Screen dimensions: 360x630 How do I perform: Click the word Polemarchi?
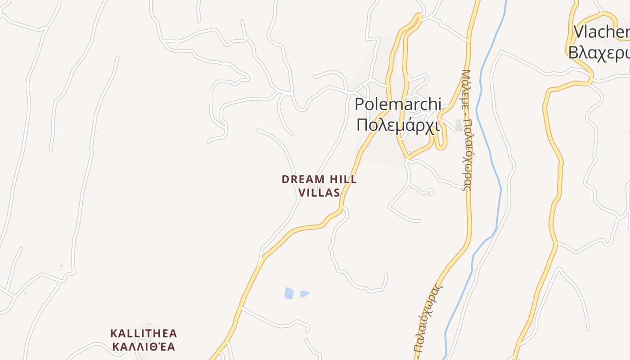coord(398,104)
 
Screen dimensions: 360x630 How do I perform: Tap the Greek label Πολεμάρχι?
coord(398,125)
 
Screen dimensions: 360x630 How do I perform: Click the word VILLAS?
coord(319,193)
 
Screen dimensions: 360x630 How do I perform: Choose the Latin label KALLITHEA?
coord(144,333)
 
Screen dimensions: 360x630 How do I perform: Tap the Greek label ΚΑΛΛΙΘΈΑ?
coord(144,347)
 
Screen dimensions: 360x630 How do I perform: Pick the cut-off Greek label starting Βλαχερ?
coord(599,53)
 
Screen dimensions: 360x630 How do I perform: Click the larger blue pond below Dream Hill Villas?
coord(289,293)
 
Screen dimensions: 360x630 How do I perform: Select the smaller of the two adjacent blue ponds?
coord(304,294)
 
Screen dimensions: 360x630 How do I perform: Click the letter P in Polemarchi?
coord(359,104)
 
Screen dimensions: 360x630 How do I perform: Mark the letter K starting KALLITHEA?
coord(114,333)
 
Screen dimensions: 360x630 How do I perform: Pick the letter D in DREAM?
coord(285,180)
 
